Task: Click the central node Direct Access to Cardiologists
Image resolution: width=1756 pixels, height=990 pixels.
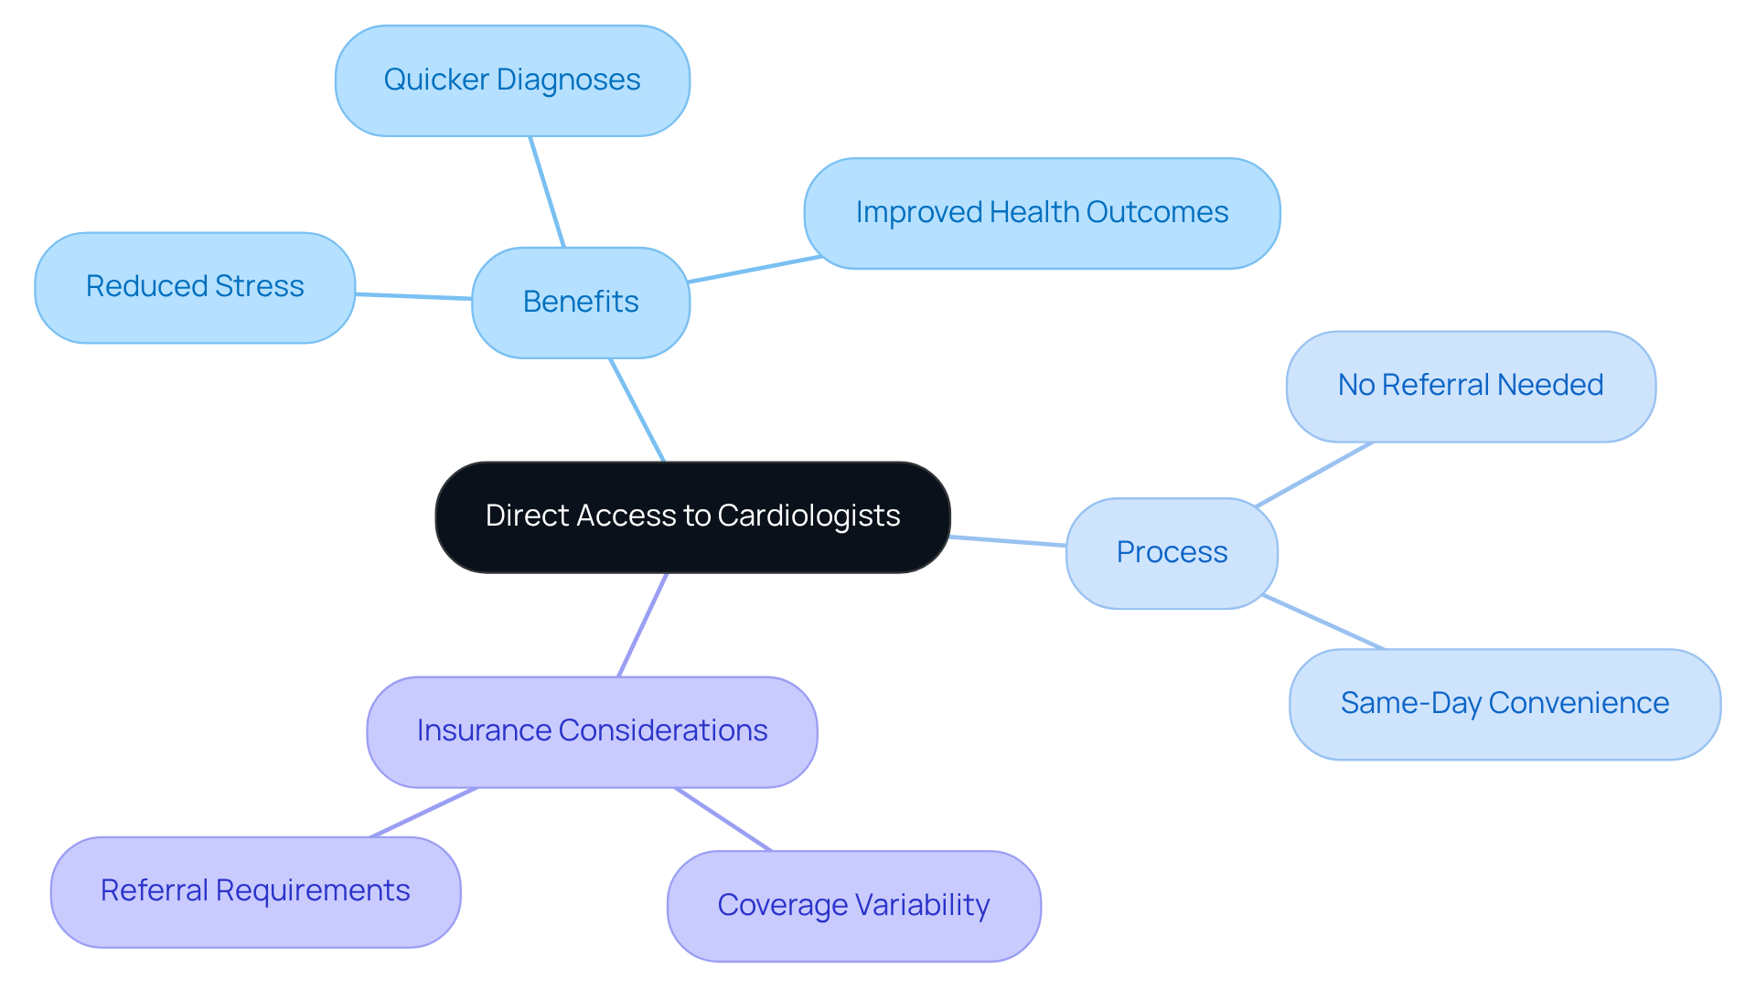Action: click(x=692, y=516)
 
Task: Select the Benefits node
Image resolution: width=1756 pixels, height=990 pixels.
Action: click(x=581, y=302)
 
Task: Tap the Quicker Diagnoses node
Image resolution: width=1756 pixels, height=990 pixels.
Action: click(x=512, y=80)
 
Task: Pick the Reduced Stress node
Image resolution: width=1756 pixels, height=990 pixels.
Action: click(x=195, y=287)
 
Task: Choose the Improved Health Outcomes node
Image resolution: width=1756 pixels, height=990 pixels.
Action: click(x=1042, y=213)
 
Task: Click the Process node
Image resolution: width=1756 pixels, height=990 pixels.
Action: click(x=1172, y=552)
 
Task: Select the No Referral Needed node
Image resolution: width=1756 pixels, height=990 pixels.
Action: click(x=1471, y=386)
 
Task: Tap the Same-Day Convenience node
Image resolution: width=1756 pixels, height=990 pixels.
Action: click(x=1504, y=703)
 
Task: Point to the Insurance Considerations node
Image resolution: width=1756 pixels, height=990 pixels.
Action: click(x=592, y=731)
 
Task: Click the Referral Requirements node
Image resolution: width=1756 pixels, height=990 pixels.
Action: click(x=255, y=891)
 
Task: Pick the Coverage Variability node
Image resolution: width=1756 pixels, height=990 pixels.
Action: click(x=853, y=905)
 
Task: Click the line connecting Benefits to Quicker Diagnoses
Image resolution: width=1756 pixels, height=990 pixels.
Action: click(x=547, y=192)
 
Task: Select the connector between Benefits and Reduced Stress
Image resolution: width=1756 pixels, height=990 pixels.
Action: click(x=413, y=296)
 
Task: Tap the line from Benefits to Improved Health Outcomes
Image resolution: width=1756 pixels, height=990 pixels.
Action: click(x=755, y=270)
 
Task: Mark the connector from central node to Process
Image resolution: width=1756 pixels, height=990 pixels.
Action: click(x=1008, y=541)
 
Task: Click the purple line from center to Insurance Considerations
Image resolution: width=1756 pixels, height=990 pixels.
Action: click(x=643, y=624)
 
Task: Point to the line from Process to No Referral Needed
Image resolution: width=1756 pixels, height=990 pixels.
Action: click(x=1314, y=474)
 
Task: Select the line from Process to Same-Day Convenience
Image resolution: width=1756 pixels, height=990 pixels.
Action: click(x=1323, y=622)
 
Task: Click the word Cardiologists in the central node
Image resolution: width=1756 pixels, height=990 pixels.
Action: click(x=808, y=516)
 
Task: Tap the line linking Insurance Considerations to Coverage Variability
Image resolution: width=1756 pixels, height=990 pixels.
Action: click(x=723, y=819)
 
